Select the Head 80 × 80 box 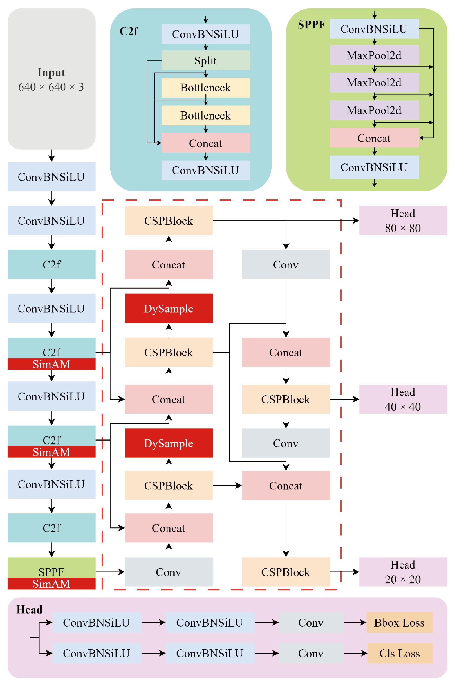pos(403,220)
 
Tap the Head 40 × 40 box pos(403,399)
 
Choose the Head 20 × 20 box pos(403,572)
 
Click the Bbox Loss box pos(399,622)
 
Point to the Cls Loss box pos(400,653)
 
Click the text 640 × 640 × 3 pos(51,87)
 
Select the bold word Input pos(51,72)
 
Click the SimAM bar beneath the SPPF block pos(51,584)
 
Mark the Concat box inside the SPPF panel pos(374,138)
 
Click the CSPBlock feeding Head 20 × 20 pos(286,572)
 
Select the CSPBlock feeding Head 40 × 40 pos(286,399)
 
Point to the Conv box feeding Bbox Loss pos(311,622)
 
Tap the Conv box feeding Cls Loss pos(311,653)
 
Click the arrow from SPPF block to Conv pos(110,572)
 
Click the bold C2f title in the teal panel pos(129,31)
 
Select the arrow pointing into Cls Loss pos(356,653)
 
